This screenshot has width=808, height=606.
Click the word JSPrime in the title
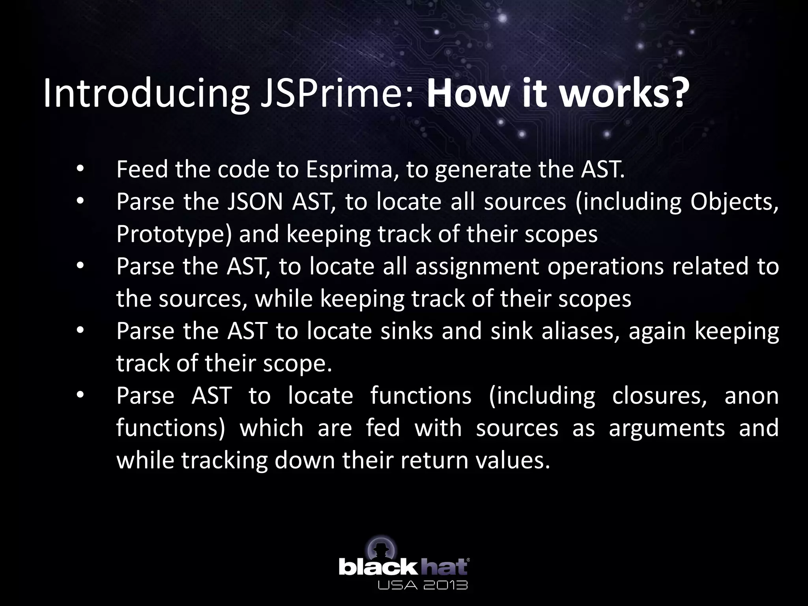tap(337, 94)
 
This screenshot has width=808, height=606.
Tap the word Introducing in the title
tap(146, 94)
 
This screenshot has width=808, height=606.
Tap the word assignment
tap(477, 266)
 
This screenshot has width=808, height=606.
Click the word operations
tap(605, 266)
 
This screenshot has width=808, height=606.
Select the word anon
tap(751, 395)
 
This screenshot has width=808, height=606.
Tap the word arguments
tap(666, 428)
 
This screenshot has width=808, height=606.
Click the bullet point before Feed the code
tap(80, 169)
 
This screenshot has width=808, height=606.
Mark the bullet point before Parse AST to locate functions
tap(80, 395)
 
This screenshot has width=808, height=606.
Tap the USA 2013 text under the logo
tap(423, 584)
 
